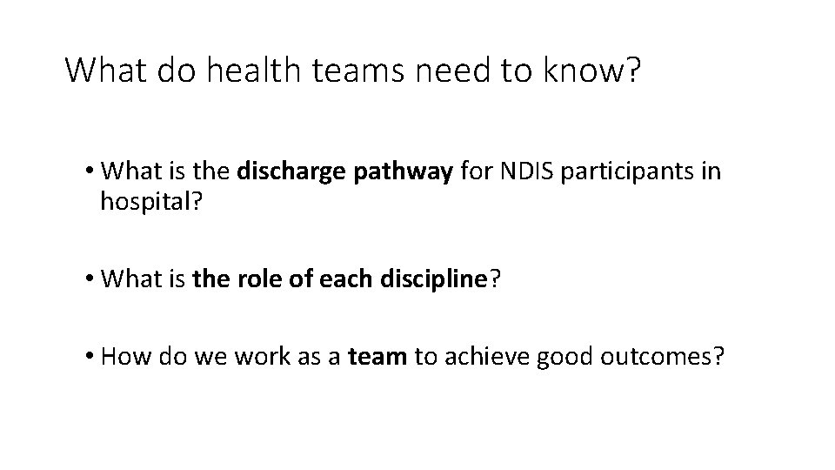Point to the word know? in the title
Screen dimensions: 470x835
tap(593, 70)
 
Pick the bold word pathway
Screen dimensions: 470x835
tap(404, 171)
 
